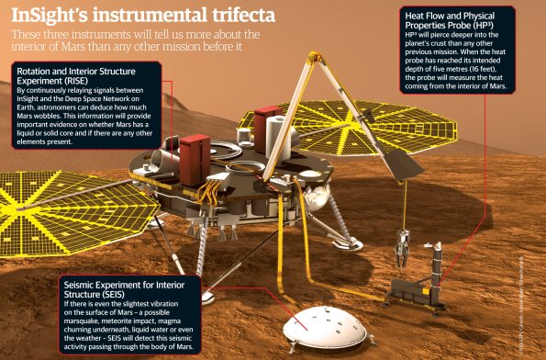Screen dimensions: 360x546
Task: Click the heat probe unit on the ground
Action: [x=418, y=292]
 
